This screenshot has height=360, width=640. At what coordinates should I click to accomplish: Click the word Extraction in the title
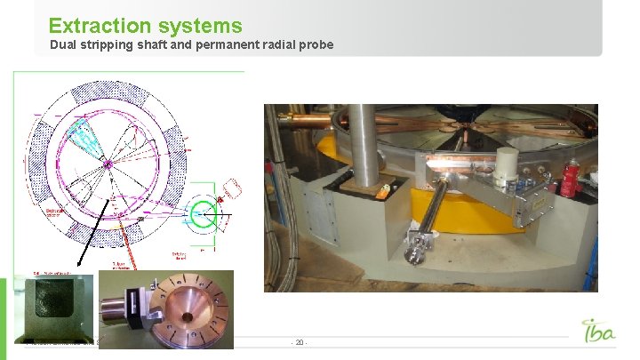click(97, 26)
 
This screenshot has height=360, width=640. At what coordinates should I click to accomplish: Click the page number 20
click(300, 342)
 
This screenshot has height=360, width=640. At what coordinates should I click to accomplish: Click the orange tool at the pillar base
click(385, 189)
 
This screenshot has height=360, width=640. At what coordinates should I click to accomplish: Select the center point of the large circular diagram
click(107, 164)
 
